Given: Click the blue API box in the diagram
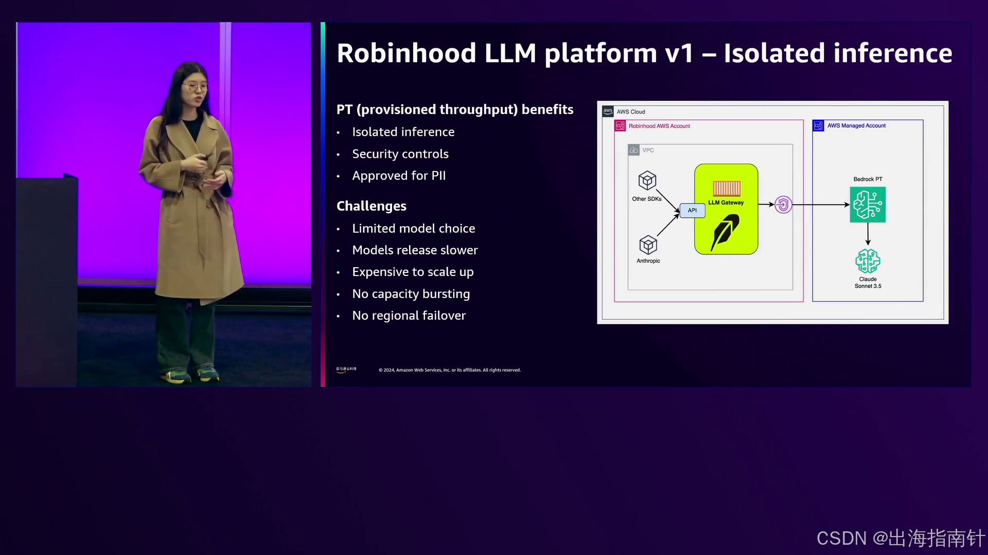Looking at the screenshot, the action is (x=692, y=210).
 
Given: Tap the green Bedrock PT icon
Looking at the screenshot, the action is (x=868, y=205).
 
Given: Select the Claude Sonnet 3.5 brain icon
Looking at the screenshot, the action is (x=868, y=261).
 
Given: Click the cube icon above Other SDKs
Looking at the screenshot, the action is (x=647, y=180).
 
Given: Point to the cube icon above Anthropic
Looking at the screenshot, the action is (x=648, y=245).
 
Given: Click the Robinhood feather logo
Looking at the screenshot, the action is (x=725, y=232).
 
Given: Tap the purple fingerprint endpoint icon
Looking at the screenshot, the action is (x=783, y=205).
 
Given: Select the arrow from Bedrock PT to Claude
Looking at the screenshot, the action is (x=868, y=234).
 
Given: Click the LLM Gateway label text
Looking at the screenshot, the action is (x=726, y=202).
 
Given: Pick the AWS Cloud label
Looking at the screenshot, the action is (x=630, y=112).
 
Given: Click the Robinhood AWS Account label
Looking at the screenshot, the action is (x=659, y=126).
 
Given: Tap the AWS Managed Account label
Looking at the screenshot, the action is (x=856, y=125).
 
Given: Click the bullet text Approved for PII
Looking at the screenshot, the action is (x=399, y=176).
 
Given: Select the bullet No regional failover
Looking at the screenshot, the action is (x=409, y=316).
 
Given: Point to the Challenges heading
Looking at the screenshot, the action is (x=371, y=206).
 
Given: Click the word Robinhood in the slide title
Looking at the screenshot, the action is (x=407, y=53).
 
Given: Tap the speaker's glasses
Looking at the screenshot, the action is (x=196, y=87).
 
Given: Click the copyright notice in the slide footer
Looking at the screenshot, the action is (x=449, y=370).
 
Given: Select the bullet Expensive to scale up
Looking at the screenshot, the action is (x=413, y=272).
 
